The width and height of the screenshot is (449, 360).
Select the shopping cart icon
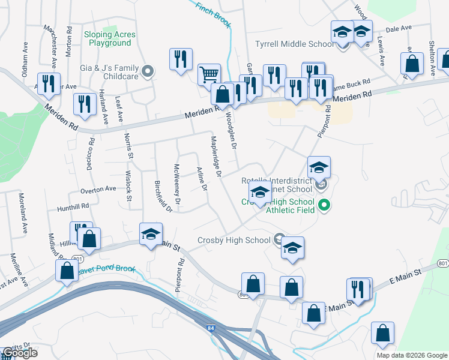209,75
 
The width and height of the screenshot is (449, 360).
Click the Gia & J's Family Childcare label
109,73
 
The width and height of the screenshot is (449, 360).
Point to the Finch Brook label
214,14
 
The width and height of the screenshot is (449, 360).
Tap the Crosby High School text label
234,241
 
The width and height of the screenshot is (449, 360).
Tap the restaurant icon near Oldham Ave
48,83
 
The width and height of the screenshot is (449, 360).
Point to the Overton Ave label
98,189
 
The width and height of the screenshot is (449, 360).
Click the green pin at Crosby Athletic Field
325,205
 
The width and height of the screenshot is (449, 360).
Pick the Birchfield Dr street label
163,197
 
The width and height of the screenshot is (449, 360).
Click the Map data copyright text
411,355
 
